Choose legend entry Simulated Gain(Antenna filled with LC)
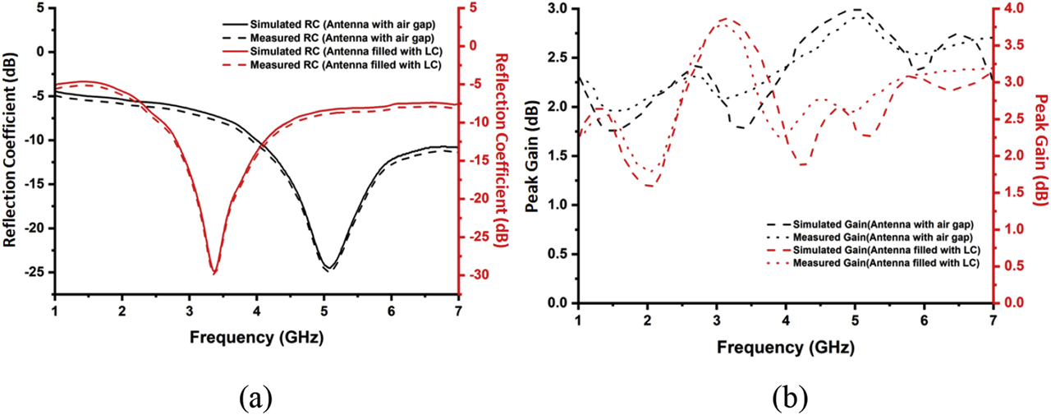tap(887, 249)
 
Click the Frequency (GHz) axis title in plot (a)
tap(256, 337)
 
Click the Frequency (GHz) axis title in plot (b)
tap(786, 347)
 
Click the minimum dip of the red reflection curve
tap(214, 273)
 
